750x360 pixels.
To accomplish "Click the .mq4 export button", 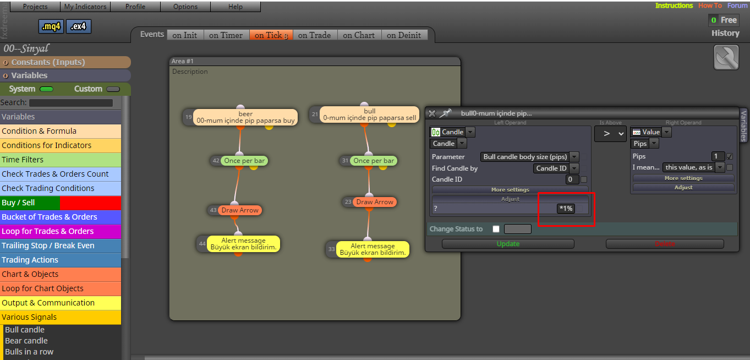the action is tap(51, 26).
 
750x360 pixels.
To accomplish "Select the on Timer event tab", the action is tap(226, 35).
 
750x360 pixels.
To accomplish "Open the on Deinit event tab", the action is tap(404, 35).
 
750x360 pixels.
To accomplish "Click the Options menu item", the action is tap(185, 7).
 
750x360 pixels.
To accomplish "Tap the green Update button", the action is tap(508, 244).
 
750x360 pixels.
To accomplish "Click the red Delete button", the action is tap(665, 244).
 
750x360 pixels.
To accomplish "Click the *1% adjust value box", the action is tap(566, 209).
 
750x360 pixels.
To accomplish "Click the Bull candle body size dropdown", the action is tap(529, 157).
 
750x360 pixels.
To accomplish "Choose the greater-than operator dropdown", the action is tap(610, 134).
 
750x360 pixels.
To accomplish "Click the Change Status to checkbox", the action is tap(496, 229).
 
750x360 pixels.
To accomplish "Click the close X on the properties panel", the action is tap(432, 113).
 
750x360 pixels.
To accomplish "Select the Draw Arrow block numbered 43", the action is tap(240, 210).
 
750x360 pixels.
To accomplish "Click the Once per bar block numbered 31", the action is tap(373, 161).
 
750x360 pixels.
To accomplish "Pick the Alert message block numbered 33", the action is tap(373, 249).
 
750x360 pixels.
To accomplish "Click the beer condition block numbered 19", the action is tap(245, 117).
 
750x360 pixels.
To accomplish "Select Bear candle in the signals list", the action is tap(26, 341).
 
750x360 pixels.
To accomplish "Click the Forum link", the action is tap(737, 6).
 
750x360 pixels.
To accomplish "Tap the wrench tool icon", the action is tap(726, 58).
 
